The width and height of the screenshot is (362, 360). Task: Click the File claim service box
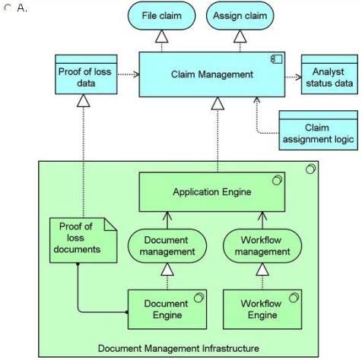[161, 16]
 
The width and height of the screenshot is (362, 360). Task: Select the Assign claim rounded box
[240, 16]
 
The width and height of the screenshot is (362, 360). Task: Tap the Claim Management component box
[212, 74]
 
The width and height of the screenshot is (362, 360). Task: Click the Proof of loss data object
[86, 74]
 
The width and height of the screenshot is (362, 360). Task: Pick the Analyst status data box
[329, 74]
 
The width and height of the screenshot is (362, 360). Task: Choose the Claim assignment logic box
[319, 131]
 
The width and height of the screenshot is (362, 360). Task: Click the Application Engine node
[212, 192]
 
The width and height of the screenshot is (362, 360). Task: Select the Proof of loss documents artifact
[83, 240]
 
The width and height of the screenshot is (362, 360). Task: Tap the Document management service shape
[167, 245]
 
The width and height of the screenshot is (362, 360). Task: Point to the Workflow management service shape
[262, 245]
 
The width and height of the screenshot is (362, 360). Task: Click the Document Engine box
[167, 309]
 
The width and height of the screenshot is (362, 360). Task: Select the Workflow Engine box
[262, 309]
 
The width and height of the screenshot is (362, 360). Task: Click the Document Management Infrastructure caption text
[179, 349]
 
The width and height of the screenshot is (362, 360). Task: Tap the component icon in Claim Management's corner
[276, 59]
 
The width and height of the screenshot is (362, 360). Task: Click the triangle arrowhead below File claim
[161, 36]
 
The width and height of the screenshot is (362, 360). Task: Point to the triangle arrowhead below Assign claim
[240, 36]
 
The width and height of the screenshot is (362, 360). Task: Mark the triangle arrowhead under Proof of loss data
[84, 100]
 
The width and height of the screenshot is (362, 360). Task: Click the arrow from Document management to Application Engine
[167, 220]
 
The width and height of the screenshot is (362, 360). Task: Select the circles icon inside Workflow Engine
[294, 298]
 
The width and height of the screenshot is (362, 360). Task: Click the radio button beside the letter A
[8, 8]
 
